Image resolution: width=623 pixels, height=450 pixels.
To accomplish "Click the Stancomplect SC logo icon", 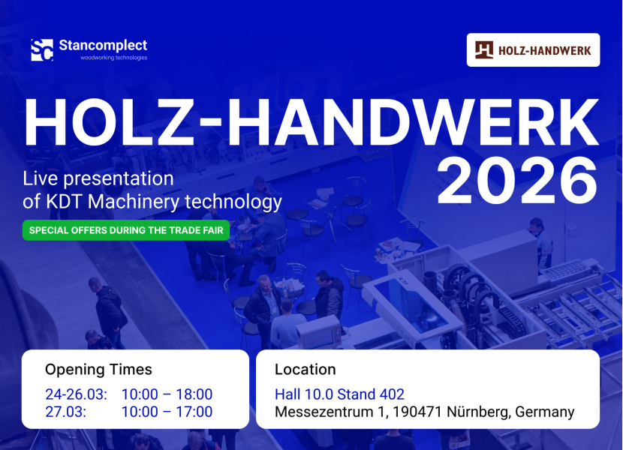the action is [42, 50].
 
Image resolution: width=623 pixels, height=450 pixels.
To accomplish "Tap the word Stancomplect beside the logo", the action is [103, 46].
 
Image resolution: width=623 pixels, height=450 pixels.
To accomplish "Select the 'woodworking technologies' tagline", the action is [114, 58].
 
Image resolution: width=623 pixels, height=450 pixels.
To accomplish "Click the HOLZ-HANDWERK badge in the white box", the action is [533, 50].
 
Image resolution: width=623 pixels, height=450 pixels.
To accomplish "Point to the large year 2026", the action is [517, 181].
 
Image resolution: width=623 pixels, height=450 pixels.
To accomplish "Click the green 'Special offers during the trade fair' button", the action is [126, 230].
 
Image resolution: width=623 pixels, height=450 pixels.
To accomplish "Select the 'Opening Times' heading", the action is [98, 370].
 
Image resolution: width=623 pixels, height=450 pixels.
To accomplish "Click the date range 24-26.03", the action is [77, 394].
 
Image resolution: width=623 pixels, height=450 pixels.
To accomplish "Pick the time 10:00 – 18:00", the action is [167, 394].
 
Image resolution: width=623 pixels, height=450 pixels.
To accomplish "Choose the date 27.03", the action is [65, 412].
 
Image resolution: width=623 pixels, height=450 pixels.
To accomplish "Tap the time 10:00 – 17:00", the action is [167, 412].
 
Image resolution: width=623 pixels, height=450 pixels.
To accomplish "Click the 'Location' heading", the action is [305, 370].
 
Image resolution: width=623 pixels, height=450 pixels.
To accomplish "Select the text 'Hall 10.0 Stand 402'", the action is [340, 394].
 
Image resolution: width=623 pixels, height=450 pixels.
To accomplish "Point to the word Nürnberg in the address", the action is [477, 412].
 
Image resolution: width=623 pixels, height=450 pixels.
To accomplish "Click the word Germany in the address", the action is [545, 412].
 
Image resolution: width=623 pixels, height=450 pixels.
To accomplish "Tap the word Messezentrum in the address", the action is [324, 412].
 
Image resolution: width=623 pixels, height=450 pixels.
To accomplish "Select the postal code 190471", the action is [417, 412].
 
